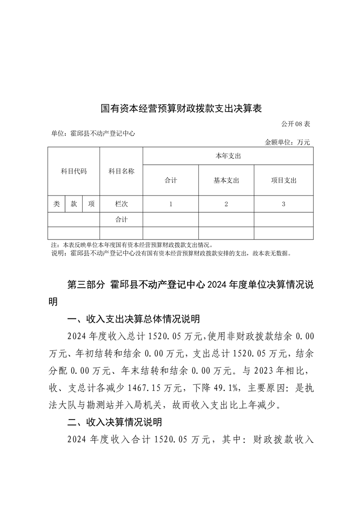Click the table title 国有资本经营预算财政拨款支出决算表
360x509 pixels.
182,109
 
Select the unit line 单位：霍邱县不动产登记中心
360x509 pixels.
94,133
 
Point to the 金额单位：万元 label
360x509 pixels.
287,142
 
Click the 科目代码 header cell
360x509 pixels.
74,171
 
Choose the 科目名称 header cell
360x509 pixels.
121,171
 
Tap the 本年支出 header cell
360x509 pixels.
227,156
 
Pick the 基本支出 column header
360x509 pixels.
226,180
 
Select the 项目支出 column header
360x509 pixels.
283,180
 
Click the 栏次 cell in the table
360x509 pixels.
121,204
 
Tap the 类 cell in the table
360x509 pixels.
56,204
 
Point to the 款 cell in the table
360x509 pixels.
74,204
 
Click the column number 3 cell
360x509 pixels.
283,204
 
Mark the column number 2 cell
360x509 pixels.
226,204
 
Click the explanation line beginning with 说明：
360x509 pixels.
170,253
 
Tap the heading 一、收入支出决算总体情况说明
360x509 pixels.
133,319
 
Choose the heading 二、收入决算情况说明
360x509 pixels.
114,422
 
